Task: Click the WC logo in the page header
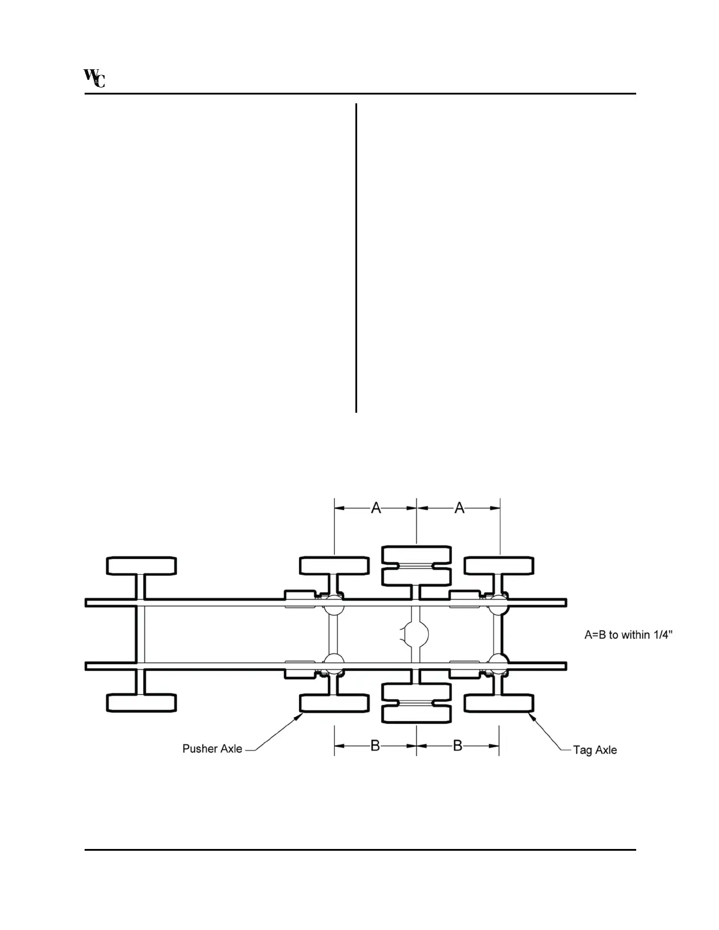coord(95,78)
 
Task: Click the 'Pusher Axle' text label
coord(212,749)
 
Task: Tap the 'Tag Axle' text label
coord(595,750)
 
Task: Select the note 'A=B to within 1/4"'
coord(628,635)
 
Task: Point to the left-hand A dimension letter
coord(376,508)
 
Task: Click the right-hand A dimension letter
coord(459,508)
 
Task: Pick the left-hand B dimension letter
coord(375,746)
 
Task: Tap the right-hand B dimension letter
coord(458,746)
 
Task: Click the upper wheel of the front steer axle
coord(142,566)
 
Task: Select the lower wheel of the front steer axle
coord(142,703)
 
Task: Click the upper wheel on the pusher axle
coord(334,566)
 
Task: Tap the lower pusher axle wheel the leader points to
coord(334,703)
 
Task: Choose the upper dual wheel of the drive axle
coord(416,565)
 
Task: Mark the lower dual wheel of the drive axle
coord(416,703)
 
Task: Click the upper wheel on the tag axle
coord(499,566)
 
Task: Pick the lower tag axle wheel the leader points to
coord(499,703)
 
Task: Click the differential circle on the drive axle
coord(416,634)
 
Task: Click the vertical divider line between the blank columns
coord(356,258)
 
